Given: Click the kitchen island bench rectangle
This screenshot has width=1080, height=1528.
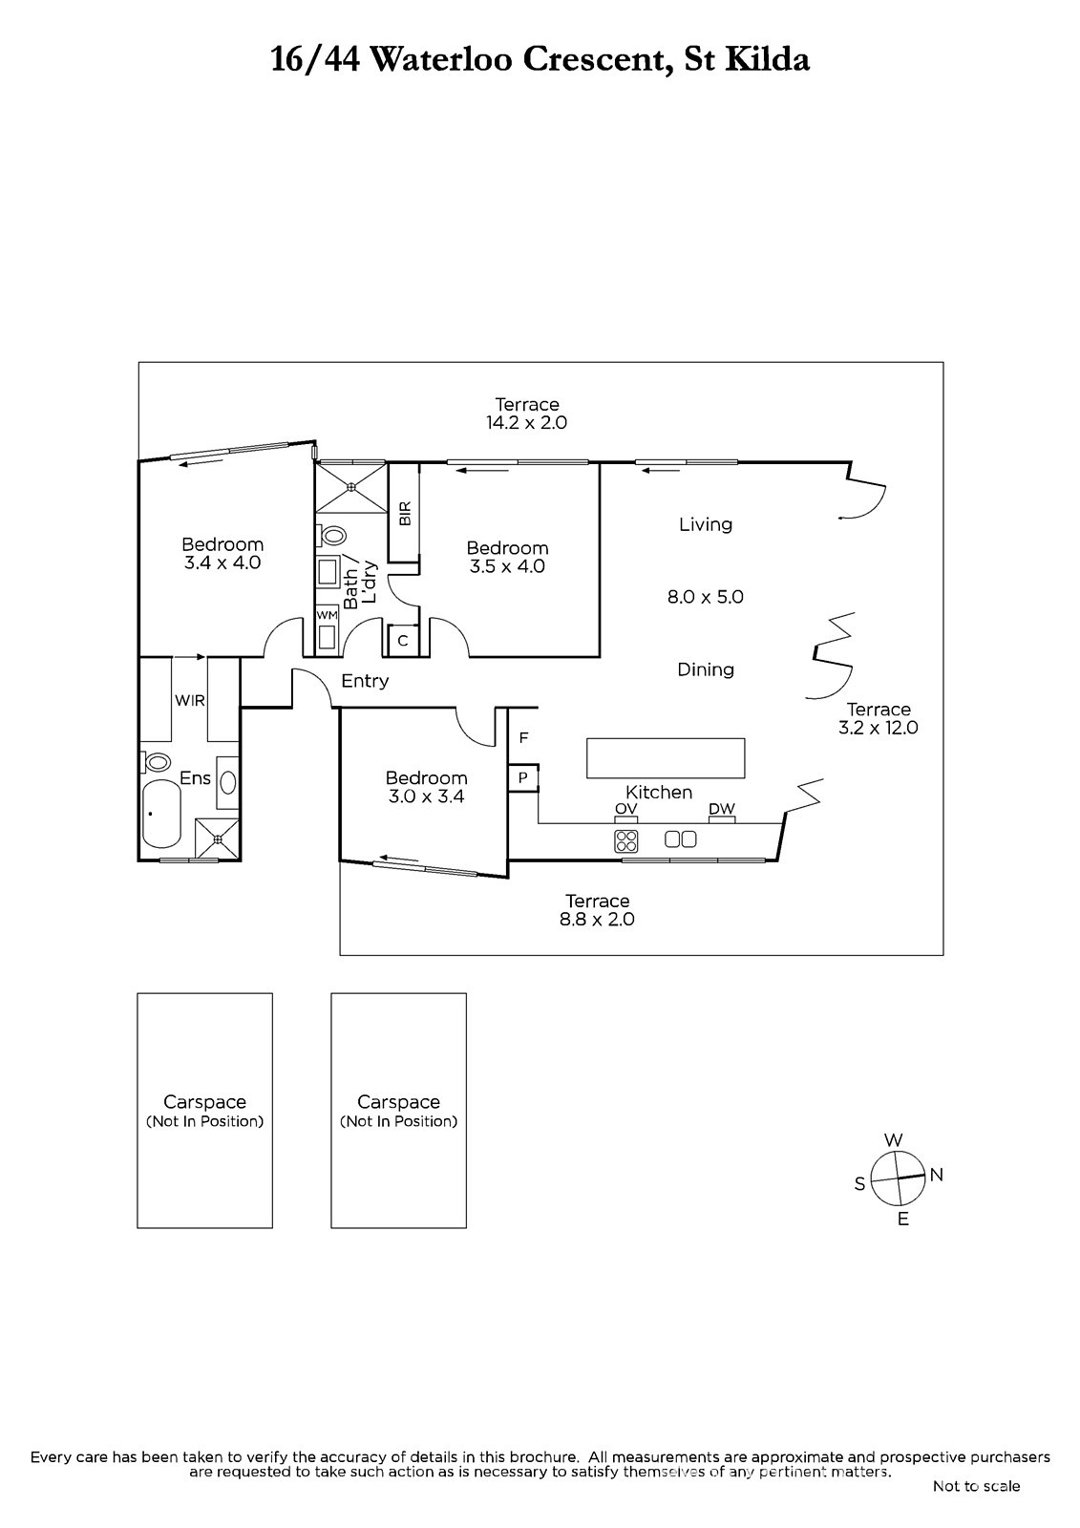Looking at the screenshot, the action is (x=666, y=758).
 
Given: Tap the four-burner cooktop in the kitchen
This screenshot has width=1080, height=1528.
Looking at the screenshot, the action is (x=626, y=841).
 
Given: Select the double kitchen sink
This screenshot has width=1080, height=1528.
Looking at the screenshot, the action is (x=680, y=839).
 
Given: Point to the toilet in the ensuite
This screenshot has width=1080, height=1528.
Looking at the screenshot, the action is (x=157, y=761).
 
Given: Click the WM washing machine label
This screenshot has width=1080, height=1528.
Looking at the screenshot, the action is (x=327, y=615).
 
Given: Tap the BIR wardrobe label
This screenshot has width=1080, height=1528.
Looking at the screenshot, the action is (x=405, y=513).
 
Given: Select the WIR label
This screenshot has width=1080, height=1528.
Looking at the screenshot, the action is (x=190, y=701).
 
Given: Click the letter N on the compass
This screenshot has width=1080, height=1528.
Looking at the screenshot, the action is (x=936, y=1174).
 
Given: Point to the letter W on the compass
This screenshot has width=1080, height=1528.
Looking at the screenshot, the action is (x=894, y=1140).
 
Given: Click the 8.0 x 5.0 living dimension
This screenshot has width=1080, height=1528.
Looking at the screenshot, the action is (x=705, y=597).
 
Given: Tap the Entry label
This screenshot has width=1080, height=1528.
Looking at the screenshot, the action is (x=365, y=681).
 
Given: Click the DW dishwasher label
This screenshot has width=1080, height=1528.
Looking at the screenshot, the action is (x=722, y=809).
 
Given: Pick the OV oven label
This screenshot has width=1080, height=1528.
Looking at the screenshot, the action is (x=625, y=809).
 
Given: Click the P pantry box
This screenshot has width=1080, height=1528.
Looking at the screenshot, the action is (x=523, y=777).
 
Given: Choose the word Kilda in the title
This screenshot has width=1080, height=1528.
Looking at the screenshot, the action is (x=767, y=59).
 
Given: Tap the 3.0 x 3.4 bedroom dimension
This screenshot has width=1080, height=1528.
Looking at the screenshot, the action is (x=427, y=796).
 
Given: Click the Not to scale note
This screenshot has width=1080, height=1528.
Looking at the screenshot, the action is (x=976, y=1486).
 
